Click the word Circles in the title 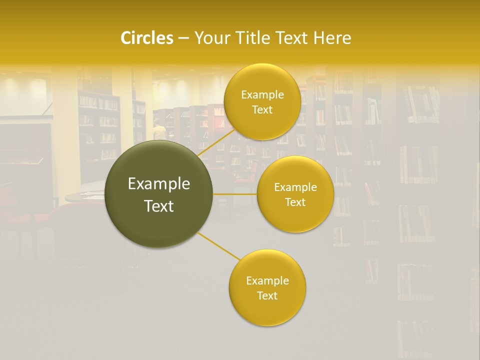[146, 38]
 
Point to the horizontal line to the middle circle [235, 194]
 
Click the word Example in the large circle [159, 184]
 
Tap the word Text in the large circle [159, 206]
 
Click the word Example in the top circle [262, 95]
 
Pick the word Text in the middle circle [295, 202]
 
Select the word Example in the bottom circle [267, 281]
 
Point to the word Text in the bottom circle [267, 296]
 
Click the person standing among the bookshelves [159, 132]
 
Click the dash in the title [183, 38]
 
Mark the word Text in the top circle [262, 110]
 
